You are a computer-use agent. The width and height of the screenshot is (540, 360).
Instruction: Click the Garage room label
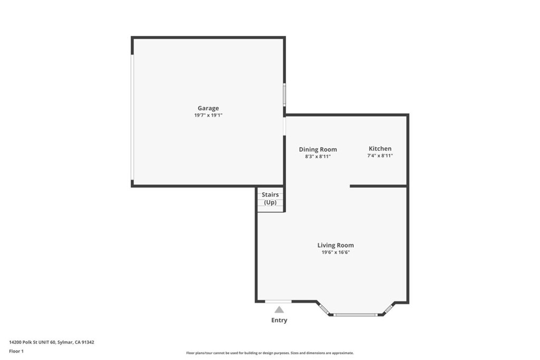[x=208, y=109]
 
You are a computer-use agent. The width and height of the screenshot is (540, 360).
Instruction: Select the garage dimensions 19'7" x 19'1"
[x=208, y=115]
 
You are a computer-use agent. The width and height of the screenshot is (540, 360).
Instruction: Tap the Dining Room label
[x=318, y=149]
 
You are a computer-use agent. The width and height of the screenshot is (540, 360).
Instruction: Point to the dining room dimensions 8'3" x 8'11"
[x=318, y=156]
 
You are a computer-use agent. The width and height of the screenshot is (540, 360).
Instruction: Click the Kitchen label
[x=380, y=149]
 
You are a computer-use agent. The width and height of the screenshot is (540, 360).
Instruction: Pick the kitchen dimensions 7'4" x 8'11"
[x=380, y=155]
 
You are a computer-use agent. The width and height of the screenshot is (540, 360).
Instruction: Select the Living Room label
[x=336, y=246]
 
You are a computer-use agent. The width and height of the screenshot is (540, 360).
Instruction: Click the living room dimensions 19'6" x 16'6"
[x=336, y=252]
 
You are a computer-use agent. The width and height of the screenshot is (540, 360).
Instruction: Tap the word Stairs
[x=271, y=195]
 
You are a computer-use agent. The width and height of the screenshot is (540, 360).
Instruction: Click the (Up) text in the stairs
[x=271, y=202]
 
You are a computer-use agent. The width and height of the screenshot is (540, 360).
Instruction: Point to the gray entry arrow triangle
[x=279, y=310]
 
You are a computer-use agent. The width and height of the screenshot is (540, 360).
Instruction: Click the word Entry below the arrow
[x=279, y=320]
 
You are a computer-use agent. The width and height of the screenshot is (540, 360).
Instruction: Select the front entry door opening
[x=278, y=302]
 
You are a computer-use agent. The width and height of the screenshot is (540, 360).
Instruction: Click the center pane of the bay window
[x=356, y=315]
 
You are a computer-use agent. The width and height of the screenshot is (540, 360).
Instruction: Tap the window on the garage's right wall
[x=284, y=95]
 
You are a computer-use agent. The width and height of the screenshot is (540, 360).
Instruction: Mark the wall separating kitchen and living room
[x=379, y=186]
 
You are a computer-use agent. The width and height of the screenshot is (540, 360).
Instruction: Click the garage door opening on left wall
[x=132, y=118]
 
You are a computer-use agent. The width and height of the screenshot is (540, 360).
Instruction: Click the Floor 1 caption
[x=16, y=352]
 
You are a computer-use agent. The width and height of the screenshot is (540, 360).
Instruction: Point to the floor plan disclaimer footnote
[x=270, y=353]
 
